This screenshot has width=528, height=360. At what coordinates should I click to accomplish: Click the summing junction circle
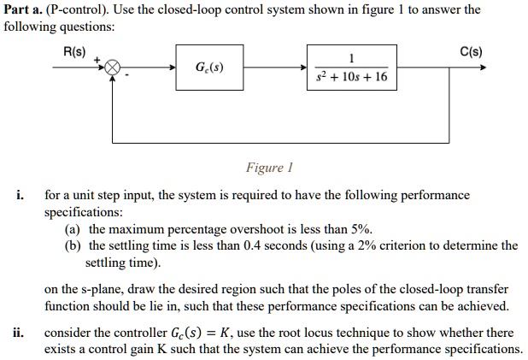(113, 68)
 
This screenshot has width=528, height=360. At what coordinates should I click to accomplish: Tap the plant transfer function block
(350, 68)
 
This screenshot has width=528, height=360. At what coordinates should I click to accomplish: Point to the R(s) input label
(75, 50)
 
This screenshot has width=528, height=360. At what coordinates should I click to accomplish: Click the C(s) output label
(470, 50)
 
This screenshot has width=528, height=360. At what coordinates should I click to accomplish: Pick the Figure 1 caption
(269, 168)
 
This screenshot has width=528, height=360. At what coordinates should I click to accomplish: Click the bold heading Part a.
(23, 10)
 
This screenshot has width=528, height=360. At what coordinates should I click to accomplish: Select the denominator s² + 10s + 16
(351, 77)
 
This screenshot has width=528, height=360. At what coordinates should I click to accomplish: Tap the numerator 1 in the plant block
(351, 58)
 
